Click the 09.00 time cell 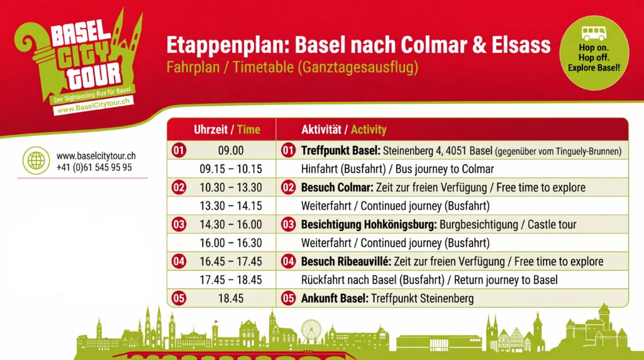pos(231,150)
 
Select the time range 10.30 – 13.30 pos(231,188)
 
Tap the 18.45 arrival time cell pos(231,298)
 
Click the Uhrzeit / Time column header pos(227,130)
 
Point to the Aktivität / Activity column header pos(344,130)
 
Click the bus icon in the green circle pos(594,33)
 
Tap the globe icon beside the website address pos(36,160)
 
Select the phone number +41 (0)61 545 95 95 pos(94,167)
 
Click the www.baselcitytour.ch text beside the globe pos(96,155)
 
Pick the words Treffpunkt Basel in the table pos(340,151)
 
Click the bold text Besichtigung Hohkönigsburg pos(369,225)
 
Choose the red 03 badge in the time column pos(179,225)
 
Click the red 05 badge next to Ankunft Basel pos(288,298)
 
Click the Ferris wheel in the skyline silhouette pos(311,331)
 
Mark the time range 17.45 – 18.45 pos(231,280)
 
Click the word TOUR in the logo pos(96,76)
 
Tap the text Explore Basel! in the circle pos(594,68)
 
